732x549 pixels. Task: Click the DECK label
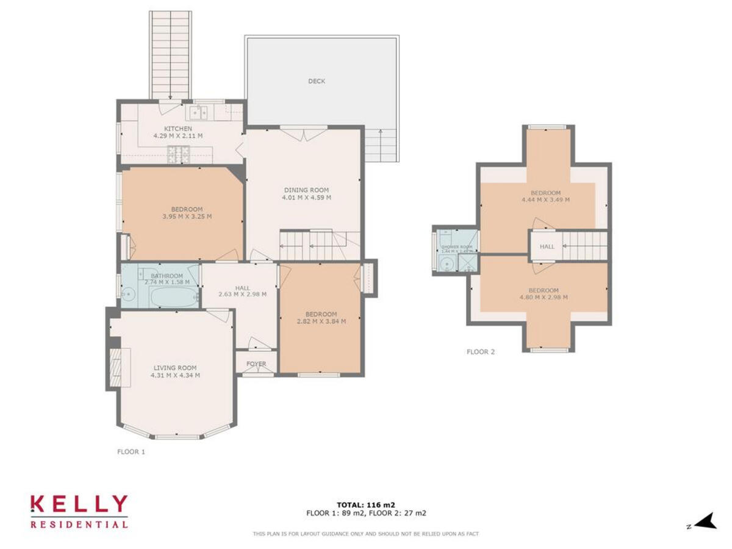coord(317,81)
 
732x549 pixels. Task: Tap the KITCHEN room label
coord(178,129)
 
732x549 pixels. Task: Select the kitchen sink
coord(198,112)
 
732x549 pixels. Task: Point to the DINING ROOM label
coord(306,190)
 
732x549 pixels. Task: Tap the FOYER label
coord(256,364)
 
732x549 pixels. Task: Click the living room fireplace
coord(116,367)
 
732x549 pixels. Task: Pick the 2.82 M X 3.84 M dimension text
coord(321,321)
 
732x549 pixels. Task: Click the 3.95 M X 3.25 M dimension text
coord(187,217)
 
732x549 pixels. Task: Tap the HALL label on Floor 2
coord(547,246)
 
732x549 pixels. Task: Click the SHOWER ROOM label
coord(457,246)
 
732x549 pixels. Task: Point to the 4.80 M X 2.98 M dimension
coord(543,298)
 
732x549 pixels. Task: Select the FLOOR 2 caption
coord(481,352)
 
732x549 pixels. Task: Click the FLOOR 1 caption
coord(131,452)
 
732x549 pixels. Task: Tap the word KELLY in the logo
coord(79,504)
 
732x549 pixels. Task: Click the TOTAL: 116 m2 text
coord(366,504)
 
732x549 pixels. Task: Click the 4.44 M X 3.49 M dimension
coord(545,199)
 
